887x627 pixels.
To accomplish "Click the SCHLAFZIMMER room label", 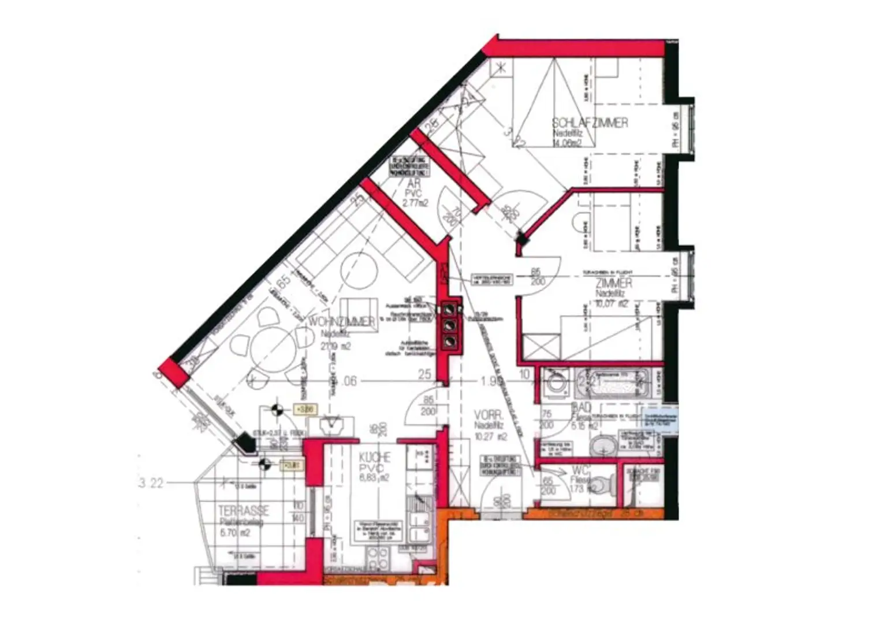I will (590, 123).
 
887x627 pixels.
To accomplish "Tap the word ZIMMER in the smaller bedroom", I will (614, 283).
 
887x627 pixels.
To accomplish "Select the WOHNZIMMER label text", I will (341, 321).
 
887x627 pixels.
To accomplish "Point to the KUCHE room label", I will (375, 457).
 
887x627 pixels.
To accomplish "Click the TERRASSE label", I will (244, 511).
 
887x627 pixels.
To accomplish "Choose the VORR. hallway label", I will (489, 415).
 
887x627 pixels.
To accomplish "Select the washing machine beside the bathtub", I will (557, 382).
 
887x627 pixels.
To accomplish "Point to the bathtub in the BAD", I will (614, 383).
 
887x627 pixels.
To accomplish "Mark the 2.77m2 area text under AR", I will (415, 203).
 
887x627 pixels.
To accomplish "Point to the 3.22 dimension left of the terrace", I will (151, 483).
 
